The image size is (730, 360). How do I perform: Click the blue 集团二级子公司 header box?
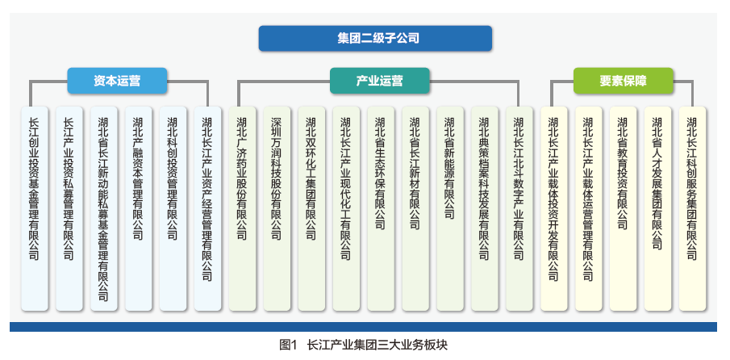point(375,38)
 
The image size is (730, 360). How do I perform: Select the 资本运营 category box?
point(117,81)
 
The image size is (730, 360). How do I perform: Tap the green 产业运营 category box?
point(379,81)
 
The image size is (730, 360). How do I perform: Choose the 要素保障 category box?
point(623,81)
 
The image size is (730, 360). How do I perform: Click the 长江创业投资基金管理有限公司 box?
point(35,208)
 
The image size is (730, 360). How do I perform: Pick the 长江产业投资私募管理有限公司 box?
point(69,208)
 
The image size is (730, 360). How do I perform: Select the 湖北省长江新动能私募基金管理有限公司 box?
point(104,208)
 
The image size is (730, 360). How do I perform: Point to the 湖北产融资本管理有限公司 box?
point(138,208)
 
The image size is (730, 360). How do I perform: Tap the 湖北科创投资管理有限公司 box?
point(173,208)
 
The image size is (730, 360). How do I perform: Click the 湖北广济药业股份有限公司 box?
point(242,208)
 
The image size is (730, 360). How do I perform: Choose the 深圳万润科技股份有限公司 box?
point(277,208)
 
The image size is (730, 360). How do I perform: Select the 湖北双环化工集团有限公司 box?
point(311,208)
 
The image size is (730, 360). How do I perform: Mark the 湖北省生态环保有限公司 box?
point(381,208)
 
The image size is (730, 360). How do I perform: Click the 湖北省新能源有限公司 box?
point(450,208)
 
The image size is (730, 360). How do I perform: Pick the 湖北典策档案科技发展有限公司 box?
point(484,208)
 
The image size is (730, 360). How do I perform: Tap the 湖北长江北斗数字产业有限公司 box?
point(519,208)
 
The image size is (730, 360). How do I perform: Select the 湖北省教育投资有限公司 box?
point(623,208)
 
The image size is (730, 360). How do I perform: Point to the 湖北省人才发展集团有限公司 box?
point(657,208)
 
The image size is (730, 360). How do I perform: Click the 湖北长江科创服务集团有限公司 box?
point(692,208)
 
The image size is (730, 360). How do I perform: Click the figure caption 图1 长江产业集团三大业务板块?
point(363,345)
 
